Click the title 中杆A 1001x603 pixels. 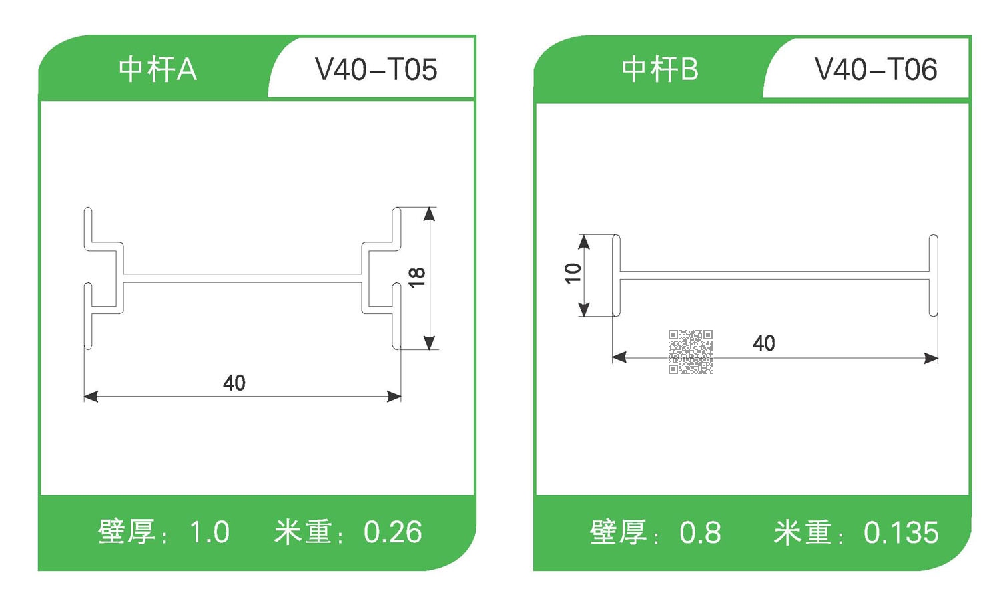click(x=157, y=69)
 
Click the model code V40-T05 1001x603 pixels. click(x=376, y=69)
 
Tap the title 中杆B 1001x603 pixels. click(x=659, y=69)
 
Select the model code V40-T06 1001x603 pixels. click(x=876, y=69)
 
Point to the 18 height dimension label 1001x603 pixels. click(x=417, y=277)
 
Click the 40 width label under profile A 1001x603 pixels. click(x=234, y=383)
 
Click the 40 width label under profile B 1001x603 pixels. click(x=764, y=343)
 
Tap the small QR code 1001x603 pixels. click(x=691, y=351)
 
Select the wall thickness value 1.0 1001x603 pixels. click(x=209, y=532)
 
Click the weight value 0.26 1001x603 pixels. click(x=392, y=532)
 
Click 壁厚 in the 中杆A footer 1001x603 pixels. click(x=127, y=532)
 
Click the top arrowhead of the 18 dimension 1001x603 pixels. click(x=430, y=214)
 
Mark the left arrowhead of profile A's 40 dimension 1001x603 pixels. click(x=91, y=397)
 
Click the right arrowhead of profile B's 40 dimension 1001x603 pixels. click(x=931, y=358)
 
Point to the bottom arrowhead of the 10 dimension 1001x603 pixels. click(x=584, y=309)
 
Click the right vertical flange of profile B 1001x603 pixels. click(x=934, y=275)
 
